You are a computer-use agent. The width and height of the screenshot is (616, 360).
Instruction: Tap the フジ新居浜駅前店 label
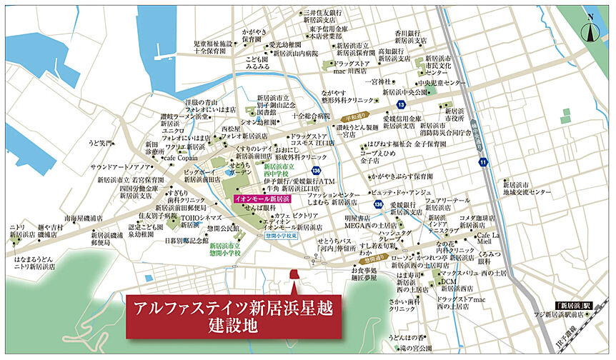577,315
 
